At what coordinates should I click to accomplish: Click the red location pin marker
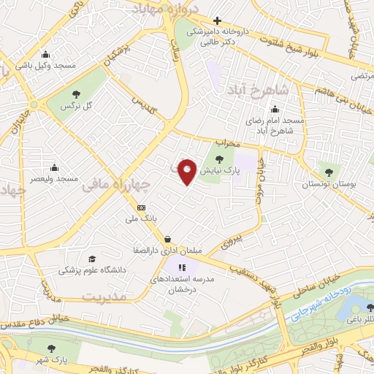(x=188, y=172)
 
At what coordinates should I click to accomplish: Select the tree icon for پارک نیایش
(x=220, y=159)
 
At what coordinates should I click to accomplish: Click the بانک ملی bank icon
(x=141, y=207)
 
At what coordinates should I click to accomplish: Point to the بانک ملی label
(x=142, y=218)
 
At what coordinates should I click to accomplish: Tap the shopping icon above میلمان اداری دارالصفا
(x=169, y=238)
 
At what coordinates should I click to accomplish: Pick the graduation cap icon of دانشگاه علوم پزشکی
(x=91, y=259)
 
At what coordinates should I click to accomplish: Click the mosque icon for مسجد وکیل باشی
(x=46, y=53)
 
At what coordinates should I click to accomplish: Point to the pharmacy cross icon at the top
(x=217, y=20)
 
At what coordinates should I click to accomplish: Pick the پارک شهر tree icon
(x=50, y=349)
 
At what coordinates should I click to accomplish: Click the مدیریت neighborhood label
(x=104, y=297)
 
